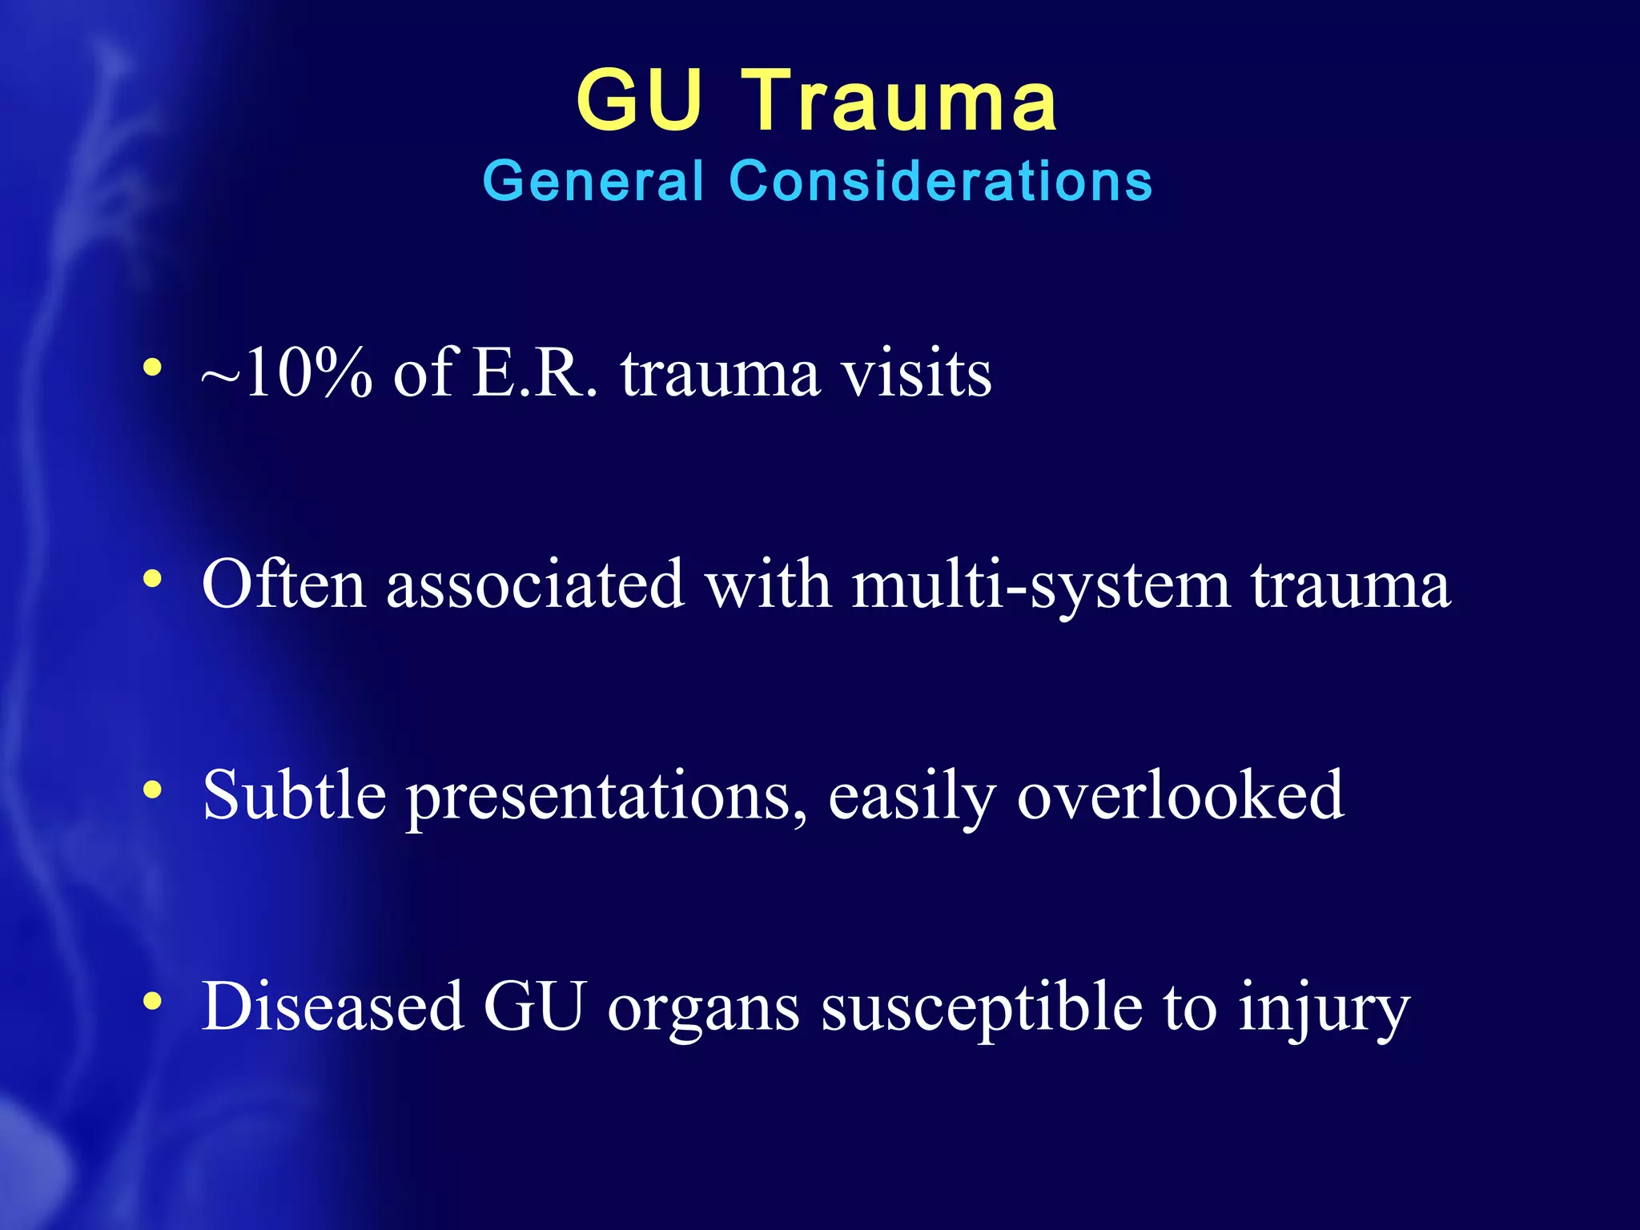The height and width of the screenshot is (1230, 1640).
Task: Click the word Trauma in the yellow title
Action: pyautogui.click(x=902, y=102)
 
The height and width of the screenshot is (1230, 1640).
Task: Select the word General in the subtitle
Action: pyautogui.click(x=593, y=181)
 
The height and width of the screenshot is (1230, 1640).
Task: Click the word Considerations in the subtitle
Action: pyautogui.click(x=941, y=181)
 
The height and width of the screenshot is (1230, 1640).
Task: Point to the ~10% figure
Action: pyautogui.click(x=287, y=373)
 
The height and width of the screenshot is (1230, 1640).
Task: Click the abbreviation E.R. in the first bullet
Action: pyautogui.click(x=535, y=373)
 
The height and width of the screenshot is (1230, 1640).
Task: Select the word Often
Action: pyautogui.click(x=283, y=584)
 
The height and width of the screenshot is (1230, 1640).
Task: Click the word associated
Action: pyautogui.click(x=535, y=584)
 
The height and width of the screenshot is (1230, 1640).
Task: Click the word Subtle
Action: pyautogui.click(x=294, y=794)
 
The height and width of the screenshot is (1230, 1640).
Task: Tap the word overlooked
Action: pyautogui.click(x=1180, y=794)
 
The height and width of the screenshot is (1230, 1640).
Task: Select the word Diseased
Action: pyautogui.click(x=332, y=1006)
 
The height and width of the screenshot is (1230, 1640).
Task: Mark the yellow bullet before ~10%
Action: pyautogui.click(x=152, y=368)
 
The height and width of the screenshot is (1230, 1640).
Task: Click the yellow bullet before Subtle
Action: pyautogui.click(x=152, y=790)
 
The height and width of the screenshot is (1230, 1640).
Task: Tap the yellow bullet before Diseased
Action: pyautogui.click(x=152, y=1001)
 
